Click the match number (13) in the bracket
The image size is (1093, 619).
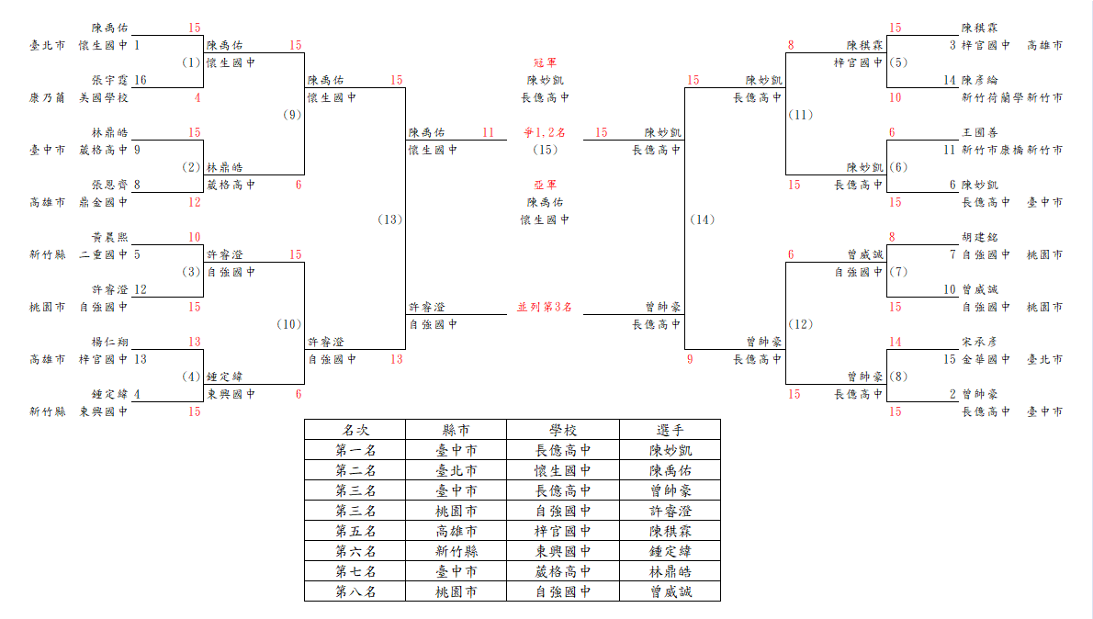coord(389,219)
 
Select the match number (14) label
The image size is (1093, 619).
coord(702,219)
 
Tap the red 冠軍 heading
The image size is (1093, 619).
coord(545,62)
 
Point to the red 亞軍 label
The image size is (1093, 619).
coord(545,185)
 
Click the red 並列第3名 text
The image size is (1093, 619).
coord(545,307)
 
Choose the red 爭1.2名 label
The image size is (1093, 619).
coord(545,132)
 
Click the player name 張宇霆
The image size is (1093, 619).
coord(109,80)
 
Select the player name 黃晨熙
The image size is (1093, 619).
coord(109,237)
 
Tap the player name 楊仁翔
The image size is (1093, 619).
coord(109,342)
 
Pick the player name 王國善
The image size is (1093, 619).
coord(979,132)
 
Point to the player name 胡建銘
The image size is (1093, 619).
coord(979,237)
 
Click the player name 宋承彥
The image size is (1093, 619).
coord(979,342)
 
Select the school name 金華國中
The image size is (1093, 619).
coord(986,359)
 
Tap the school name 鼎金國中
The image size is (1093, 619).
coord(103,202)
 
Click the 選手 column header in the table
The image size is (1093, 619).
coord(670,430)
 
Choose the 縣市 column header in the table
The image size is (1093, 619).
coord(456,430)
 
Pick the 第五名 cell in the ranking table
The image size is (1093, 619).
coord(355,531)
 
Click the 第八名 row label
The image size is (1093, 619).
coord(355,591)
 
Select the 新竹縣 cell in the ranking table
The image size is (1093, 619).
coord(456,551)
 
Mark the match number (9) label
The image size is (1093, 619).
coord(292,115)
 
